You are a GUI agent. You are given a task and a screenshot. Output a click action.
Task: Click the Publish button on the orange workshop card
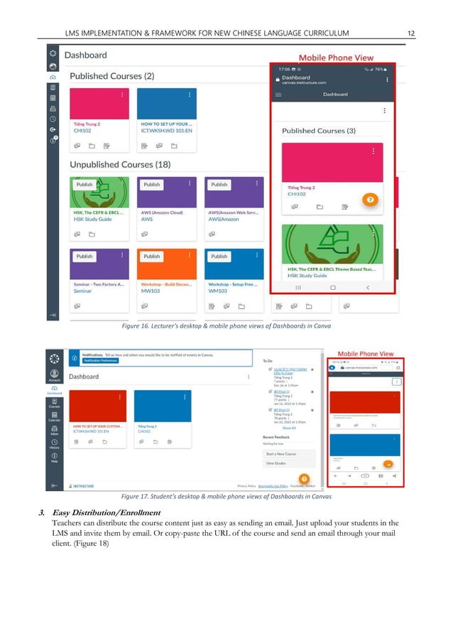pyautogui.click(x=152, y=256)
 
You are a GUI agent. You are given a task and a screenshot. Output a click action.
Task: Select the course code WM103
pyautogui.click(x=218, y=291)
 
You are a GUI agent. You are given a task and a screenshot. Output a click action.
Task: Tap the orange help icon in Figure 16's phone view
pyautogui.click(x=369, y=200)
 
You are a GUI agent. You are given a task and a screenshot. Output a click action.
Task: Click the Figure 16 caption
pyautogui.click(x=226, y=325)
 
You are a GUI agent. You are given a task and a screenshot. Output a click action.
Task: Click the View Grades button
pyautogui.click(x=276, y=463)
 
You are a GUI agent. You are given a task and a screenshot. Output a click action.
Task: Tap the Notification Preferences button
pyautogui.click(x=99, y=360)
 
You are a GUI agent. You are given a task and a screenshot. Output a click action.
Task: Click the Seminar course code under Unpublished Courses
pyautogui.click(x=84, y=291)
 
